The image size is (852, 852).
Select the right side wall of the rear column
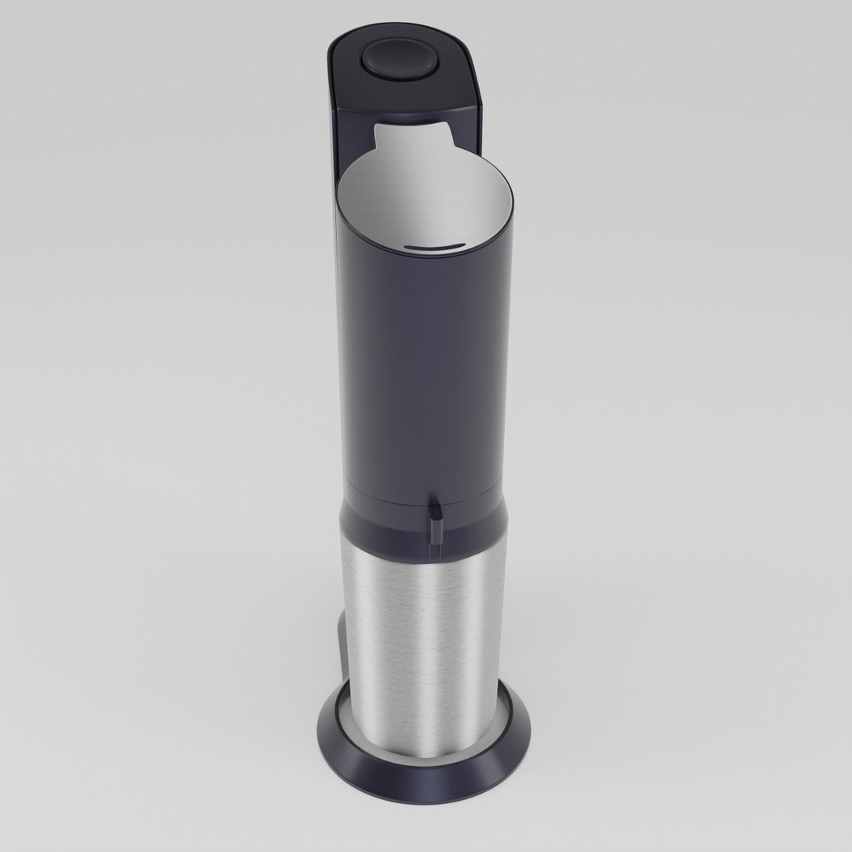[478, 126]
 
